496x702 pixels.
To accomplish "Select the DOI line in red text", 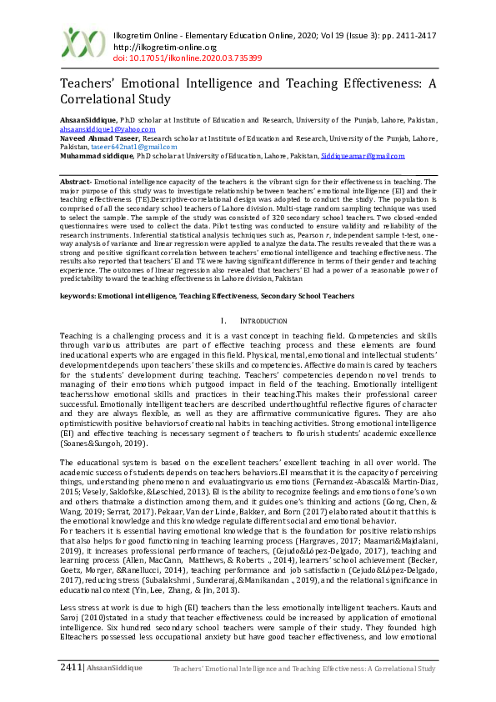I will coord(187,58).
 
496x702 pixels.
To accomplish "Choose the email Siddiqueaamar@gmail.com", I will coord(363,156).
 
